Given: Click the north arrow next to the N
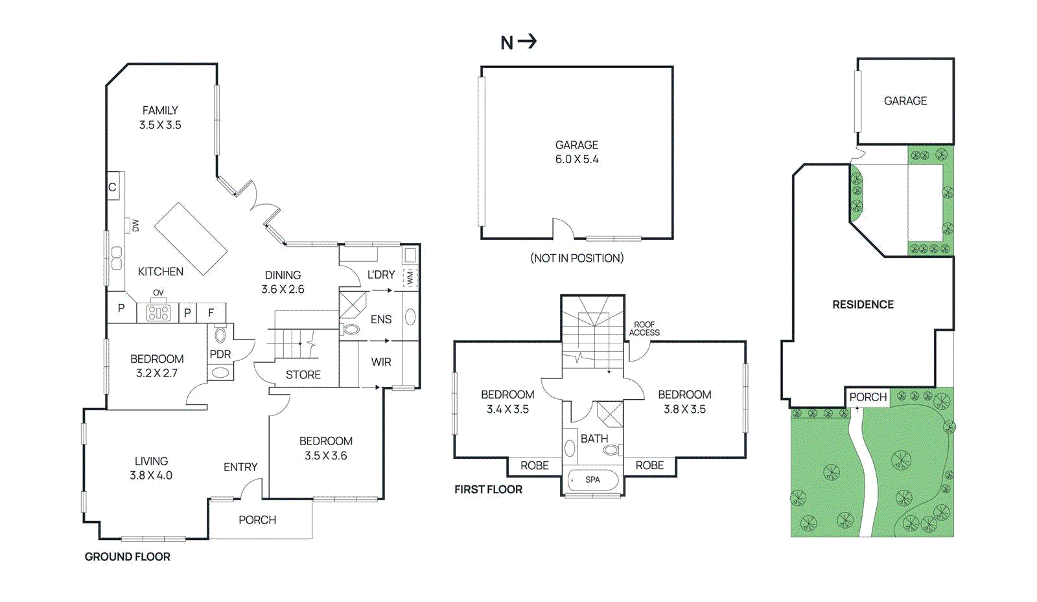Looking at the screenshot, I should tap(528, 41).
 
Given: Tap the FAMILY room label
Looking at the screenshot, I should tap(160, 110).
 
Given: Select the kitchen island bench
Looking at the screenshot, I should tap(191, 238).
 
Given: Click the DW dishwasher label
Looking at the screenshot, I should tap(135, 225).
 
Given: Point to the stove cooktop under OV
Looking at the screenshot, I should tap(158, 313).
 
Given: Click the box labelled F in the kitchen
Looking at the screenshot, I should tap(211, 312).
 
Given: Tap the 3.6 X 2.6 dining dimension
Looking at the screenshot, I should tap(283, 290).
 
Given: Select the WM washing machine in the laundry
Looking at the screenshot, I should tap(410, 278).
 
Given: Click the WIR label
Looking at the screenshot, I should tap(381, 362).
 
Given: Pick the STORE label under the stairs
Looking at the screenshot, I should tap(303, 375).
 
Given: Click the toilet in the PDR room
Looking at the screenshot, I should tap(220, 335).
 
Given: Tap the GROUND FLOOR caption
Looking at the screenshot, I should tap(127, 557).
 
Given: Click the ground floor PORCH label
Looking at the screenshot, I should tap(257, 520).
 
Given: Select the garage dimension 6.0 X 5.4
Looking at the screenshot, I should tap(576, 159).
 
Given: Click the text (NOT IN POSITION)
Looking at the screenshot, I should tap(576, 258).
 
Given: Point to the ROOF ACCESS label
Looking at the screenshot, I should tap(644, 329).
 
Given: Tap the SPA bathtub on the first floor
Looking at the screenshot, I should tap(592, 480).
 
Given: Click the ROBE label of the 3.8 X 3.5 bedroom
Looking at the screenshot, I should tap(649, 465).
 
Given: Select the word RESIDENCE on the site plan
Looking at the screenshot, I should tap(863, 305).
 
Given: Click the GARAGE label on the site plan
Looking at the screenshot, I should tap(905, 100).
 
